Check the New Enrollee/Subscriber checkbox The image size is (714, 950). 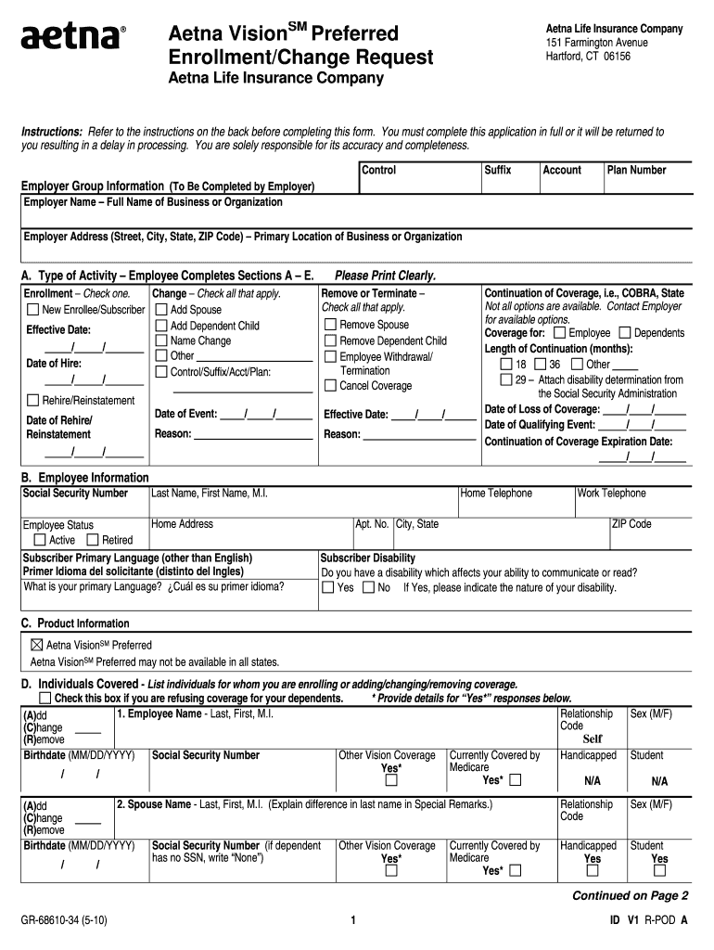click(33, 310)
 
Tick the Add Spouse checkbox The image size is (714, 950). click(160, 310)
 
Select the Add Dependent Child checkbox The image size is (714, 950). click(160, 326)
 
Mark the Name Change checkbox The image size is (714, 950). click(160, 340)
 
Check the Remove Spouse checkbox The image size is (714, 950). click(330, 325)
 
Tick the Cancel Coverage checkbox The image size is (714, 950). click(330, 385)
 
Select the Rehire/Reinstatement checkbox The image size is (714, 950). click(33, 401)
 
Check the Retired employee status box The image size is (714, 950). click(93, 540)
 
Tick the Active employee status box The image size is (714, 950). click(40, 540)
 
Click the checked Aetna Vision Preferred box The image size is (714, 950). click(37, 645)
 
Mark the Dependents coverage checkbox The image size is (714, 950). click(624, 333)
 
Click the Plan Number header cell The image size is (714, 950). click(636, 170)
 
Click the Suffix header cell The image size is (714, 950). click(498, 170)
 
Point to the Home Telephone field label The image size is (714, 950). click(496, 494)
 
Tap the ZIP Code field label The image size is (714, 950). click(631, 524)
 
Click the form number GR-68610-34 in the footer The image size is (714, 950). click(66, 920)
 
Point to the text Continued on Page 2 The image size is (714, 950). click(630, 895)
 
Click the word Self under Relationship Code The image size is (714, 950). click(593, 739)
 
